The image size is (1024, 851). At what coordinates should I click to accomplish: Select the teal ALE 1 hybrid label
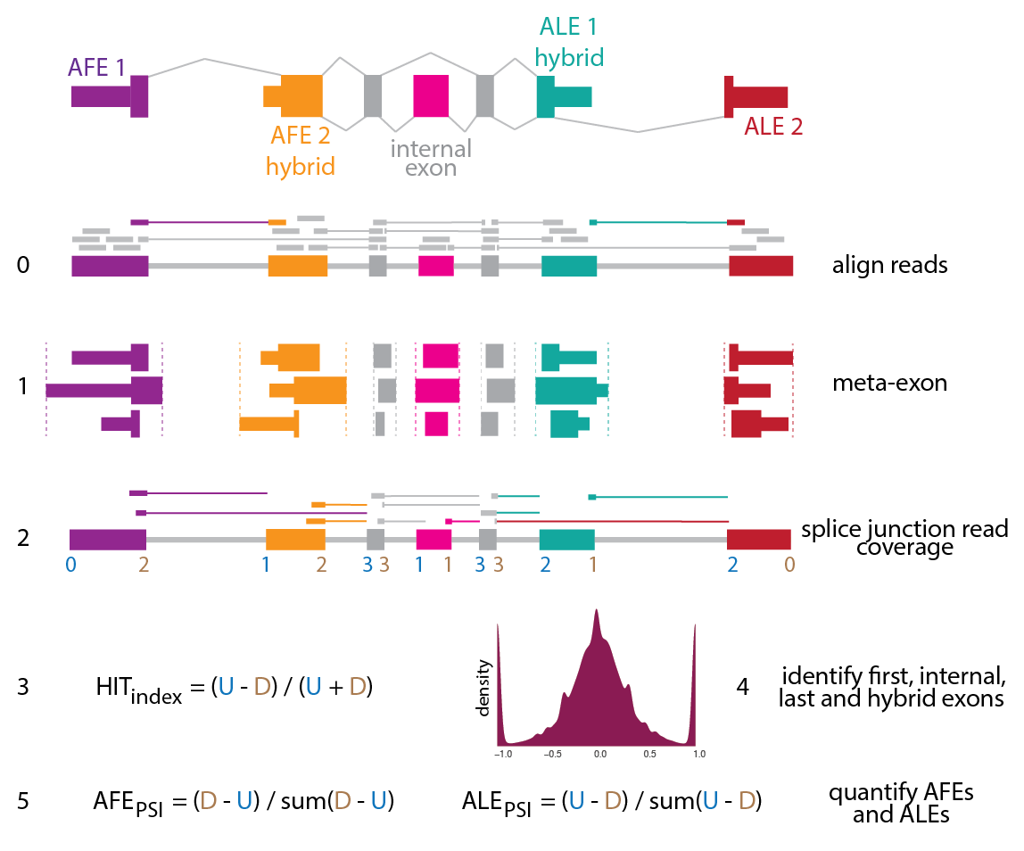[x=570, y=42]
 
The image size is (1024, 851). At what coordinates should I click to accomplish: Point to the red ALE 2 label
[x=773, y=127]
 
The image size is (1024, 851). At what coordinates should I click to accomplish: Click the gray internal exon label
[x=431, y=157]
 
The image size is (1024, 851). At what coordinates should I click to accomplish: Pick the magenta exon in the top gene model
[x=431, y=95]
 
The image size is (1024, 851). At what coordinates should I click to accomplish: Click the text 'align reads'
[x=889, y=265]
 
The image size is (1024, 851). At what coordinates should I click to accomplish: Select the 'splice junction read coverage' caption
[x=904, y=538]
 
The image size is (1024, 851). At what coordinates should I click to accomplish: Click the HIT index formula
[x=234, y=688]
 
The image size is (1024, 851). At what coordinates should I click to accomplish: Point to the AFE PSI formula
[x=244, y=801]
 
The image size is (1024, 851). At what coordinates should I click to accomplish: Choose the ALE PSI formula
[x=611, y=801]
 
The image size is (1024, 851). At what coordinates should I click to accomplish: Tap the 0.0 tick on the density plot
[x=599, y=753]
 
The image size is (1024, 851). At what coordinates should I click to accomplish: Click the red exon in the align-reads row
[x=760, y=266]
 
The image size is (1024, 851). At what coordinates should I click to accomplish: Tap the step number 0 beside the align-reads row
[x=22, y=265]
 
